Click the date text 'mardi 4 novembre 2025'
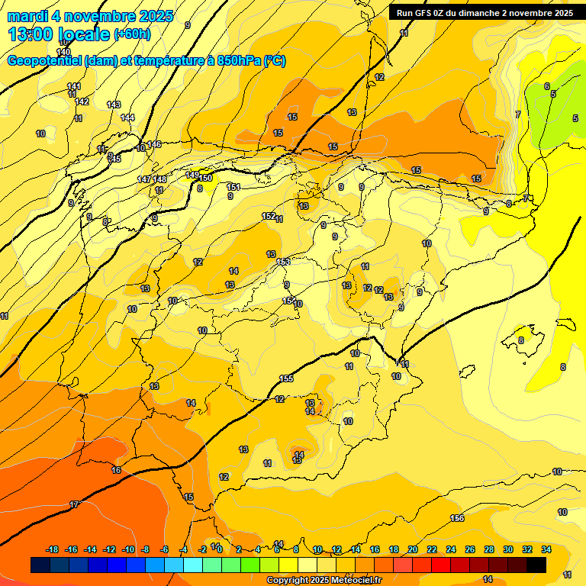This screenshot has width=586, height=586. click(x=90, y=16)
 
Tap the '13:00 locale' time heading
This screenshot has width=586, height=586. click(x=60, y=34)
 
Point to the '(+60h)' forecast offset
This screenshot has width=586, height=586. click(x=132, y=34)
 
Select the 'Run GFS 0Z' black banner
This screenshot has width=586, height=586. click(x=485, y=12)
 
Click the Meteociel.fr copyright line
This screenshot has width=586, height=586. click(x=324, y=580)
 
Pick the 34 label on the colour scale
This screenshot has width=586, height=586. click(x=546, y=549)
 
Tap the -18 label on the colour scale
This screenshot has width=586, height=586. click(x=53, y=549)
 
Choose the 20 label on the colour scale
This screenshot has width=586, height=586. click(x=413, y=549)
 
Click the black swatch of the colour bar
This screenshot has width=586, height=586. click(x=536, y=565)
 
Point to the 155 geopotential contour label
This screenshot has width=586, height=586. click(x=286, y=378)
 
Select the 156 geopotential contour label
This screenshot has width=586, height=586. click(x=457, y=519)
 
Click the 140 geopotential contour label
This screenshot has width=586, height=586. click(x=63, y=52)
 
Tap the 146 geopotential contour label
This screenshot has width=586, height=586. click(x=154, y=144)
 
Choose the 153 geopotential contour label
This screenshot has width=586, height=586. click(x=283, y=262)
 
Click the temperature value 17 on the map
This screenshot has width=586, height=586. click(x=74, y=504)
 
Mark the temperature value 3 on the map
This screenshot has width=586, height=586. click(x=401, y=307)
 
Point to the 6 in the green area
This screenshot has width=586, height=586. click(x=546, y=86)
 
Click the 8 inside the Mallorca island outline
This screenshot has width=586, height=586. click(x=521, y=340)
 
